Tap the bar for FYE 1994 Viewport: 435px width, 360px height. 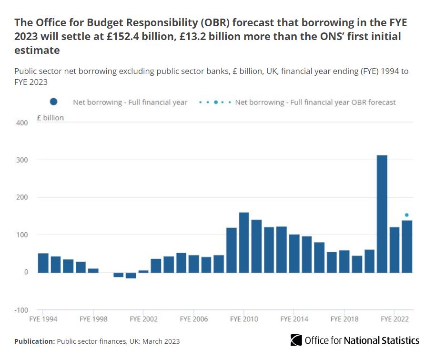43,263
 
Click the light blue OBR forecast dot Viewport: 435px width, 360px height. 407,215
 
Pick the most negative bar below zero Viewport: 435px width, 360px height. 131,275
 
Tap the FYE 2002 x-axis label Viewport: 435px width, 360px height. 143,319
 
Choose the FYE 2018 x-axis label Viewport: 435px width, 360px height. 344,319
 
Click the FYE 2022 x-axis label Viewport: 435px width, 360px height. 394,319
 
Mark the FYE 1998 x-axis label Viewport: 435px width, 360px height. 93,319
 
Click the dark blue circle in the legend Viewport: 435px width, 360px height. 53,102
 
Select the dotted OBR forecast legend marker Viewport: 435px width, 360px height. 216,102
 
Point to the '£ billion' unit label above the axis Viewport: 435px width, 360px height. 50,118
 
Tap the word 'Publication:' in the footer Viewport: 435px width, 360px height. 34,341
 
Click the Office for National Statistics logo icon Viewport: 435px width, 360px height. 296,340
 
